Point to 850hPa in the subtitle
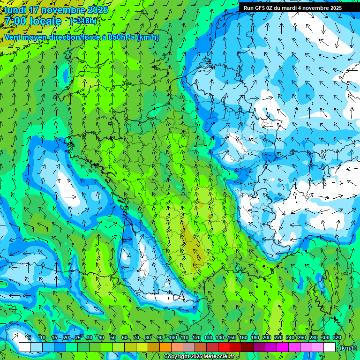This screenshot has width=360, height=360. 121,37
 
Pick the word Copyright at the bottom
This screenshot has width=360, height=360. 178,357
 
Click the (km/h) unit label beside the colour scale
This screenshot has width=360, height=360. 348,348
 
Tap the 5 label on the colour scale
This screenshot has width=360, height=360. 30,337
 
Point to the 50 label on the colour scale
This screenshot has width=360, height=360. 112,337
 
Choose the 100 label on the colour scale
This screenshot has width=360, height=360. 173,337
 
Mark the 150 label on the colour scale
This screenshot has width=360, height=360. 232,337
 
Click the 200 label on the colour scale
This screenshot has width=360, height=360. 267,337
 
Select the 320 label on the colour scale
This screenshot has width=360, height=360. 337,337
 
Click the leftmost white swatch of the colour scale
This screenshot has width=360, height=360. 25,347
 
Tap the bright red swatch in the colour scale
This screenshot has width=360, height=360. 224,347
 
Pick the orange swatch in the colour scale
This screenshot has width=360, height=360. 165,347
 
